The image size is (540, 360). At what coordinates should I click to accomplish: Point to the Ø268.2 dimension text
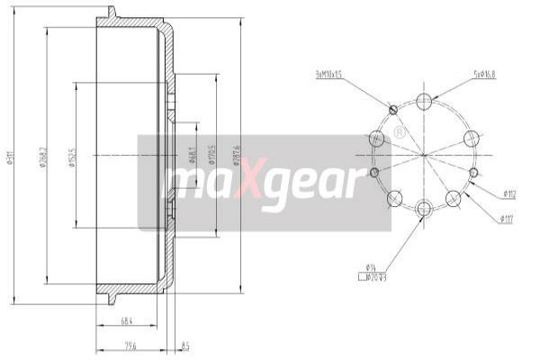coord(42,159)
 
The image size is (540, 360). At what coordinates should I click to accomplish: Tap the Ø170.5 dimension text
coord(211,155)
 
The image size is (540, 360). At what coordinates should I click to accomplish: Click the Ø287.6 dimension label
coord(236,154)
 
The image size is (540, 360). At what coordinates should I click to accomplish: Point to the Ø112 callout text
coord(508,193)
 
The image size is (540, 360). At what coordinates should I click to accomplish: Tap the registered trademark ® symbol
coord(398,132)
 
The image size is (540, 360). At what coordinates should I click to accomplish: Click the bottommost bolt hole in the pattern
coord(424,209)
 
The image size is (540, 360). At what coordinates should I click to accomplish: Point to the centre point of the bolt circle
coord(424,156)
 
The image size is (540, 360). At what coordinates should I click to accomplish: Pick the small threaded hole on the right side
coord(473,172)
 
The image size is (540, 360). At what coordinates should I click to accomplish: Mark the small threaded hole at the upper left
coord(392,111)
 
